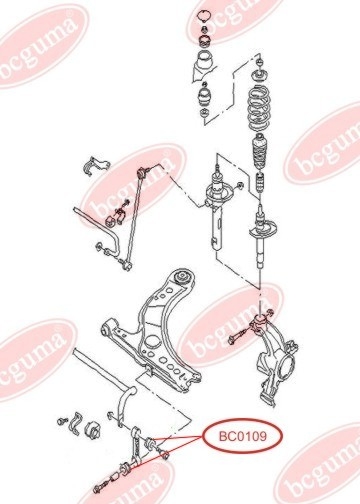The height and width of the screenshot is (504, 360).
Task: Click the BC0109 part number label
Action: click(x=243, y=436)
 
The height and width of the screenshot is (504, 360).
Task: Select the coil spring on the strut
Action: click(x=259, y=109)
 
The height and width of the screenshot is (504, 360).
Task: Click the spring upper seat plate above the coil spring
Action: click(x=259, y=76)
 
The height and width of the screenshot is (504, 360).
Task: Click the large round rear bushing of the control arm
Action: click(x=183, y=277)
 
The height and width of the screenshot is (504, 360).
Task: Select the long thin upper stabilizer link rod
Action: click(x=134, y=217)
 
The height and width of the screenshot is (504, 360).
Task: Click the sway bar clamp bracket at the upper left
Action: click(x=96, y=166)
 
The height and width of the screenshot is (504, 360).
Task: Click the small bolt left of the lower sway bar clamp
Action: click(x=62, y=421)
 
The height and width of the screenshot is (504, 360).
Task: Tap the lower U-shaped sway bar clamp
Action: click(x=76, y=423)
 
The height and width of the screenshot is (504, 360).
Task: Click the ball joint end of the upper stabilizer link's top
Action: click(x=144, y=172)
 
